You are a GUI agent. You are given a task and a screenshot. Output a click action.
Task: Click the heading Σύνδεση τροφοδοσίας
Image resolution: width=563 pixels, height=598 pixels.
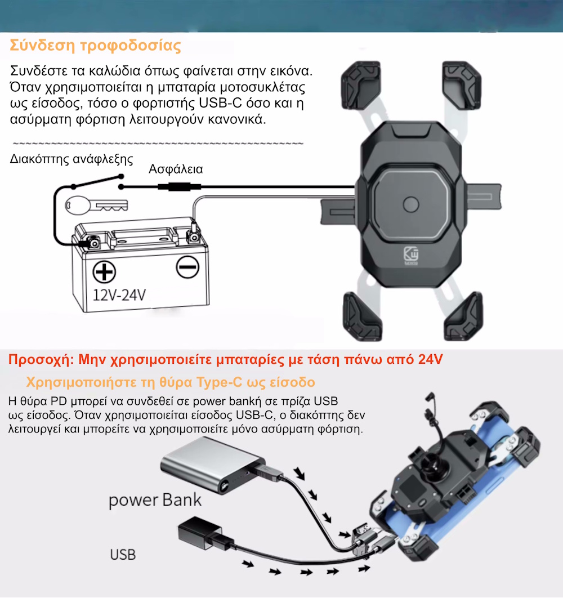(x=95, y=46)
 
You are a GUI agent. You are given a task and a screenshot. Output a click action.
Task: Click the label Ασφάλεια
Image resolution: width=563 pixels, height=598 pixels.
(x=175, y=169)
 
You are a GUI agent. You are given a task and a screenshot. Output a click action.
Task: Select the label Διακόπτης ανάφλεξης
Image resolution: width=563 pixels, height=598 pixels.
(x=72, y=159)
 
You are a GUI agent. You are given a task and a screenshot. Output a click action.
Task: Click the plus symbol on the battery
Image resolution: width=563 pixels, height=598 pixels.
(x=103, y=273)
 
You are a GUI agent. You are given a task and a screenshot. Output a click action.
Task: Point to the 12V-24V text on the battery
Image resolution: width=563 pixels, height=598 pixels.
(x=119, y=294)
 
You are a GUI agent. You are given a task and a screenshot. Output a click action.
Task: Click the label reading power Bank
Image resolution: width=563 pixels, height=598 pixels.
(x=155, y=499)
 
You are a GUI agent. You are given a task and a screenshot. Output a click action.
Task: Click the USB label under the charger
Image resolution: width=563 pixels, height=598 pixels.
(x=123, y=555)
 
